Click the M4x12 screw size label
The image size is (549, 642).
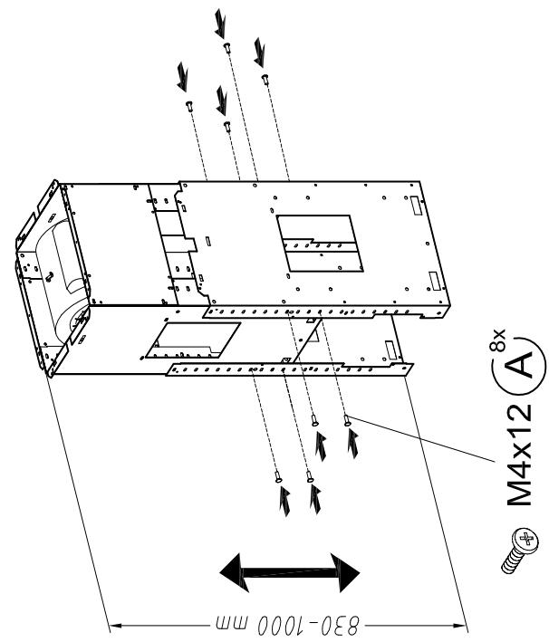[x=519, y=455]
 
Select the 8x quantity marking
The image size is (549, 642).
[x=497, y=340]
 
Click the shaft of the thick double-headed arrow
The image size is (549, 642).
[x=290, y=572]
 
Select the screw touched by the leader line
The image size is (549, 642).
[x=347, y=420]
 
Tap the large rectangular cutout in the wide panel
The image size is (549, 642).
[x=320, y=244]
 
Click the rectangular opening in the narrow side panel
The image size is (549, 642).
[x=193, y=340]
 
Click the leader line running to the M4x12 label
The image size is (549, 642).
[x=422, y=439]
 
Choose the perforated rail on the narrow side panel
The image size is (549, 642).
[x=289, y=369]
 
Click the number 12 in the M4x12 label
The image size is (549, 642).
[x=519, y=419]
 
